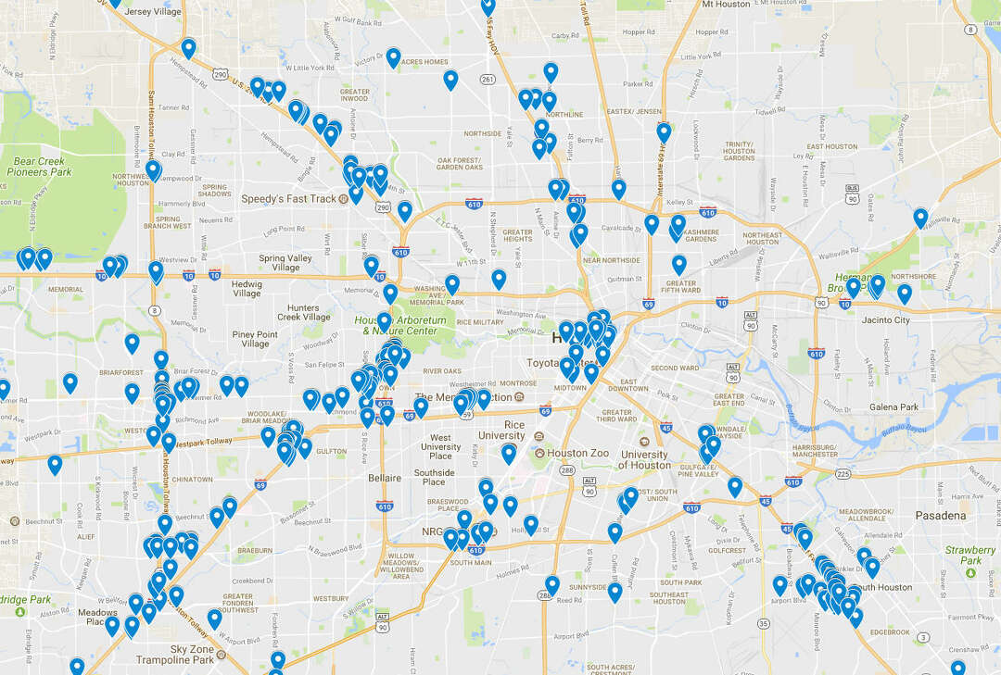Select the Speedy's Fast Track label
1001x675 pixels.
(288, 199)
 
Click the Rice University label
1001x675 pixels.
(501, 431)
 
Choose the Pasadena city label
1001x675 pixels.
(941, 515)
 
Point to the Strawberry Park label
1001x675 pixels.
(970, 556)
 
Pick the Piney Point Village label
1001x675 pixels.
(255, 340)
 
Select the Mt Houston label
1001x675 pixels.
(726, 5)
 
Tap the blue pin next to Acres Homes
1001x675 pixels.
(393, 57)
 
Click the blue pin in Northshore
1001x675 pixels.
(905, 294)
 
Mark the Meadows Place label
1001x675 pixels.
(97, 617)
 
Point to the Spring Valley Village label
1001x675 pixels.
(285, 263)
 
